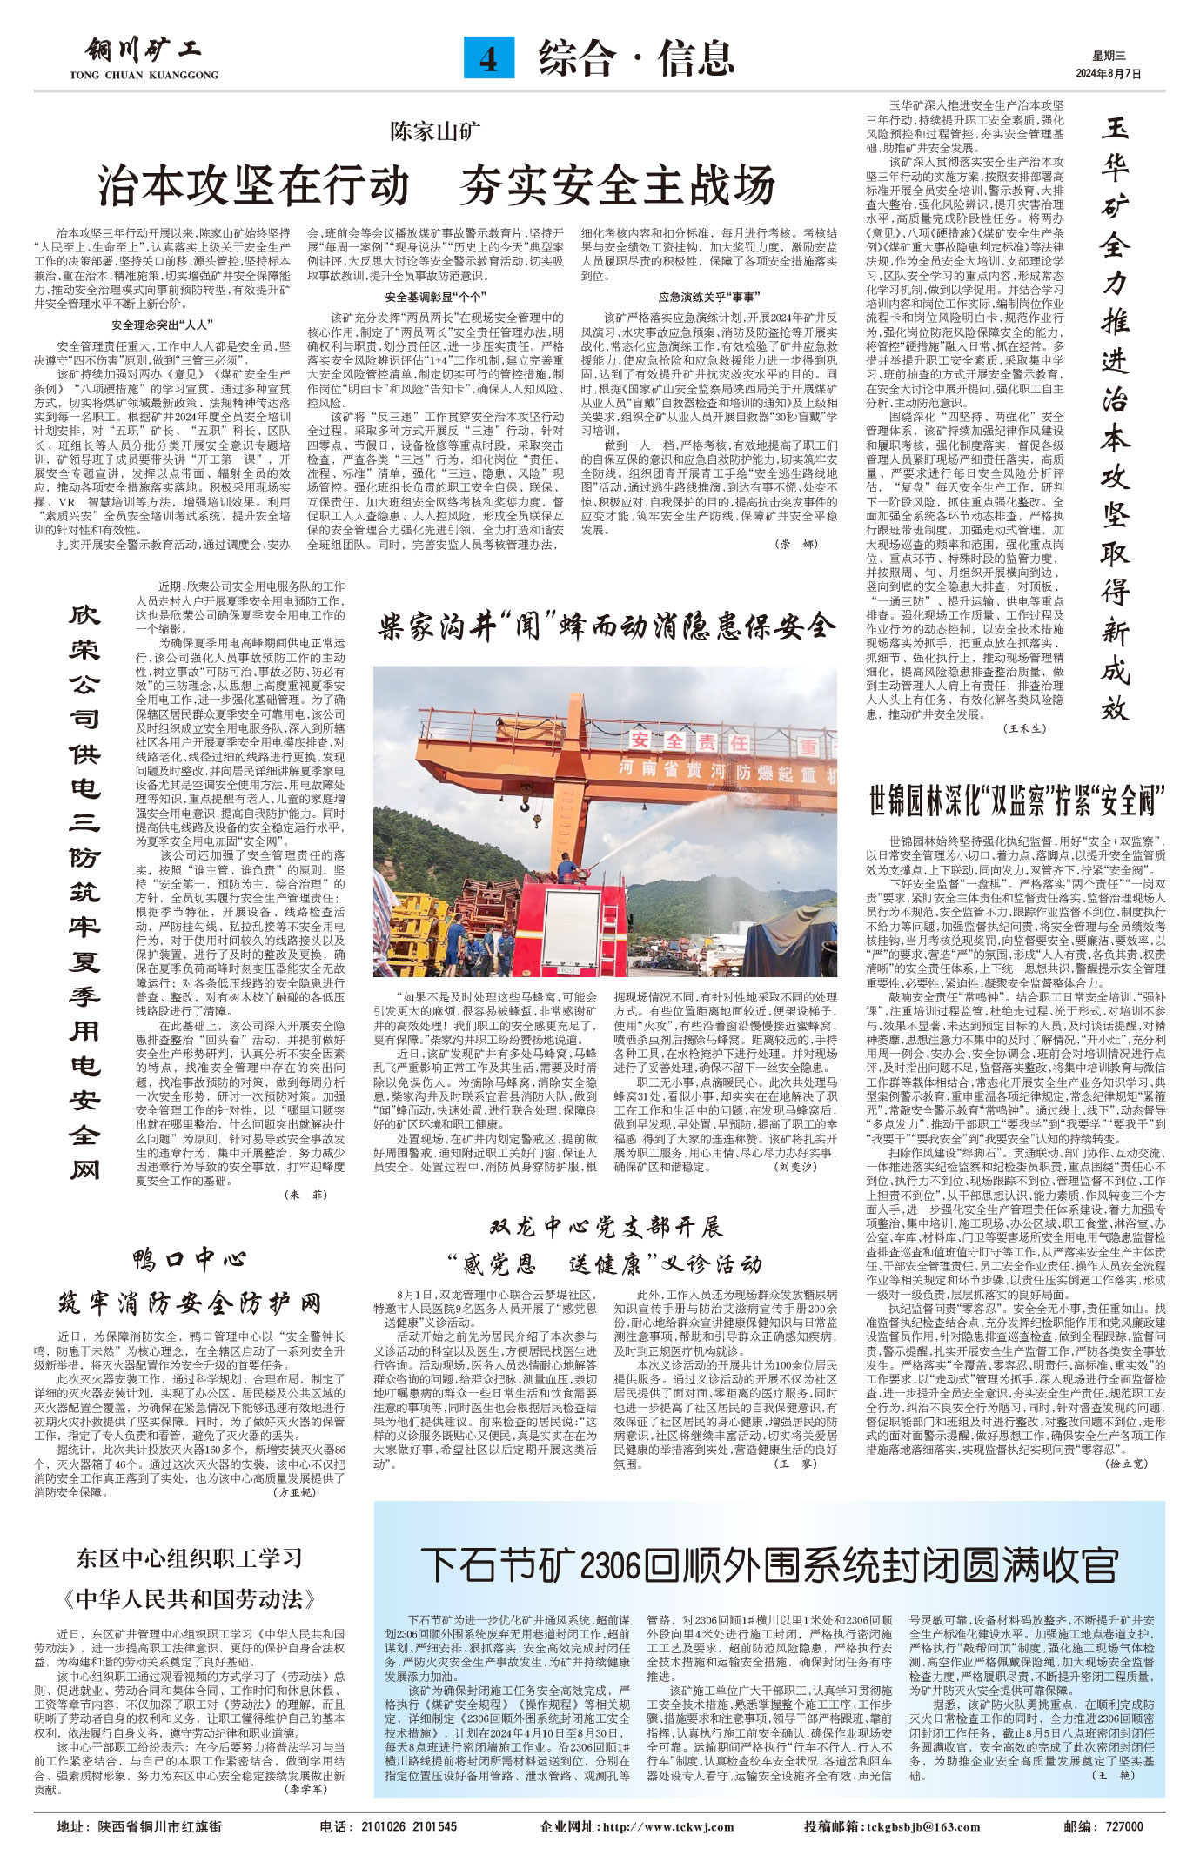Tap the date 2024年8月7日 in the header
coord(1108,74)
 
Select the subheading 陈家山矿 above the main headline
coord(435,132)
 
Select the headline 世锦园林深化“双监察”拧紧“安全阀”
coord(1016,799)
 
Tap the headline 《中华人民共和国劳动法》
coord(189,1598)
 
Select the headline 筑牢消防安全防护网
coord(190,1303)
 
